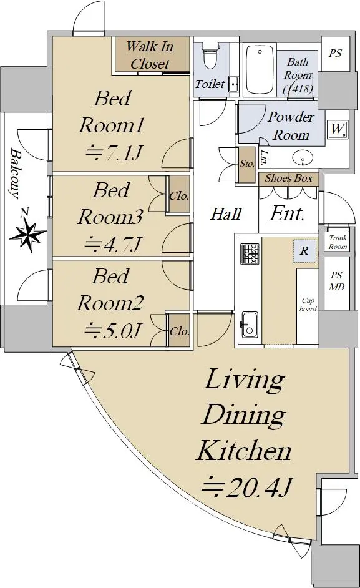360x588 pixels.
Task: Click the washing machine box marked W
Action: (x=337, y=129)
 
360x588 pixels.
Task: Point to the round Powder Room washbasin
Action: (x=302, y=159)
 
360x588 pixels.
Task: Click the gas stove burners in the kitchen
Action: (x=250, y=253)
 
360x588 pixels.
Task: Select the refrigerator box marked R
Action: (x=304, y=250)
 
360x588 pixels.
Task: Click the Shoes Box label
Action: (x=288, y=178)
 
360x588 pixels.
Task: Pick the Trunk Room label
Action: (x=338, y=242)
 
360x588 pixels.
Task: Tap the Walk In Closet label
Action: (x=150, y=55)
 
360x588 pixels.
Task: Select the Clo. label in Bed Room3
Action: (x=179, y=196)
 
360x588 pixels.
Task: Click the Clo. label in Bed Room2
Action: (x=179, y=331)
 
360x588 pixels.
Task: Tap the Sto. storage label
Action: (x=247, y=164)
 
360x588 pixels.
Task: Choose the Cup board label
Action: (x=308, y=305)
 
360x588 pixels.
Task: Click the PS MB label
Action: (x=336, y=282)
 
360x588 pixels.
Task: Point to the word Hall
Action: (x=226, y=214)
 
